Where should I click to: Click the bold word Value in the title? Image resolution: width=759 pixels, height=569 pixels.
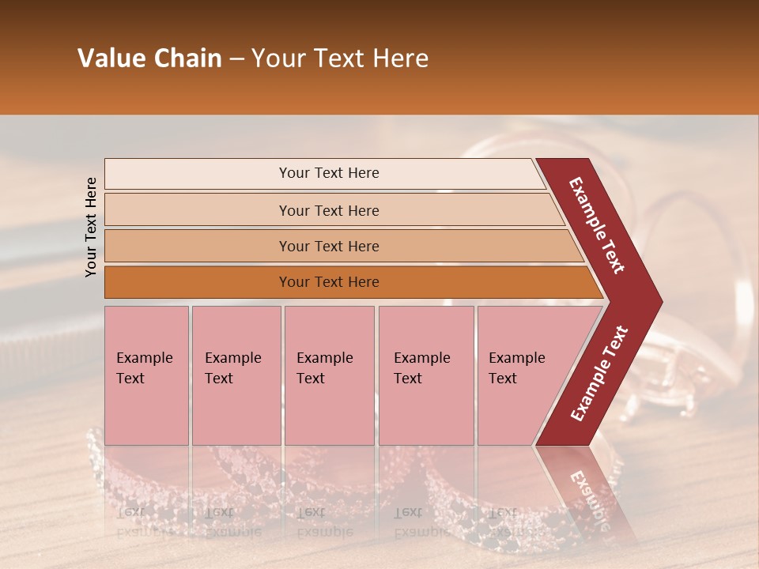click(111, 58)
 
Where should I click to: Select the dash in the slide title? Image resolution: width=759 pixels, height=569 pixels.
click(236, 59)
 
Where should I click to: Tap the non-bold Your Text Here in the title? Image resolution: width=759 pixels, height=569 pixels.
click(340, 58)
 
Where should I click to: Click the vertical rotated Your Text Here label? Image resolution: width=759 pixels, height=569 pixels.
click(91, 227)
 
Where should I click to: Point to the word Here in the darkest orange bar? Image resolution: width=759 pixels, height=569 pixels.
click(363, 282)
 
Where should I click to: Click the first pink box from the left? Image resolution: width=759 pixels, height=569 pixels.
click(146, 375)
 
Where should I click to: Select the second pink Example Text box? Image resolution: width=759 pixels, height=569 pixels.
click(236, 375)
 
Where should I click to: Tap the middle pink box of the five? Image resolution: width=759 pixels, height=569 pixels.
click(329, 375)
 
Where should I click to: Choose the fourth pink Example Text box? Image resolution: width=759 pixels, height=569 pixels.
click(425, 375)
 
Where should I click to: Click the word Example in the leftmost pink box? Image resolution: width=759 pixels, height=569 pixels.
click(144, 358)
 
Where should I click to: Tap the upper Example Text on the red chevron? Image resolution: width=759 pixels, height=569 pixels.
click(597, 224)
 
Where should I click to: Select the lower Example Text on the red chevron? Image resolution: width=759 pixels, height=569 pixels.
click(599, 374)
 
